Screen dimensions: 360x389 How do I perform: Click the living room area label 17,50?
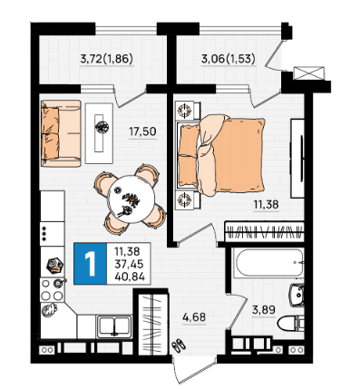click(142, 131)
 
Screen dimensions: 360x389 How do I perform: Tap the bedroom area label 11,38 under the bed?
click(266, 205)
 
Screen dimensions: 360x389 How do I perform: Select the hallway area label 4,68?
click(194, 317)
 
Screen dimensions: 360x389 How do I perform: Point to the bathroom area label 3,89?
click(264, 310)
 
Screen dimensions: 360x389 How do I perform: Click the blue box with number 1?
click(90, 264)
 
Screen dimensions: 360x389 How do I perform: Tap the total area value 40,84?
click(130, 277)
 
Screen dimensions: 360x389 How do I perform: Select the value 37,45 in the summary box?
click(129, 264)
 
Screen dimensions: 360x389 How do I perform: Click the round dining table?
click(131, 199)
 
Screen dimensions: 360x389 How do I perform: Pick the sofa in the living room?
click(61, 133)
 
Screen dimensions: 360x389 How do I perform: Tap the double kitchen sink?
click(114, 326)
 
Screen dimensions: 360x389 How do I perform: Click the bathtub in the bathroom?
click(268, 262)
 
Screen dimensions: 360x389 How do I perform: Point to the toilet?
click(290, 324)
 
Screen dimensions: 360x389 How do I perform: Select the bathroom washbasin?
click(297, 296)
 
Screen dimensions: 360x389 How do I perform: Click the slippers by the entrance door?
click(179, 345)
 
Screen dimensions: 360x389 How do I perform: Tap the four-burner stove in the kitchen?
click(53, 289)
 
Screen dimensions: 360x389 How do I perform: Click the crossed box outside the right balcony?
click(309, 73)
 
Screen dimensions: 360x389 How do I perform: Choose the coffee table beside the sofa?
click(99, 133)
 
